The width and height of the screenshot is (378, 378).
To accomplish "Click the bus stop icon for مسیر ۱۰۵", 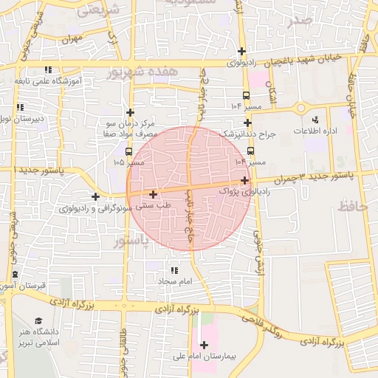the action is (x=130, y=152).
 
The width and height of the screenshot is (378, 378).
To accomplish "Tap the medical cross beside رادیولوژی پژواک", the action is (x=244, y=179).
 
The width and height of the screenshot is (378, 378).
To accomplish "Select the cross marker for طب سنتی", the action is (x=153, y=195).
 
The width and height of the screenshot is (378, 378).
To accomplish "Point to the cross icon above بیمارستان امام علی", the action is (x=204, y=345).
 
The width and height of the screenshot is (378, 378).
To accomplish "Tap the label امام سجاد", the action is (x=174, y=281).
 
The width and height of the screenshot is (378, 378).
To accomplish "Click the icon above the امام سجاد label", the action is (x=174, y=271).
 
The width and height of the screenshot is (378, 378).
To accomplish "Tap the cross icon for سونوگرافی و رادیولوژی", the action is (x=95, y=196).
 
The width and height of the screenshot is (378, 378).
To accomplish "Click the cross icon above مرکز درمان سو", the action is (x=130, y=112).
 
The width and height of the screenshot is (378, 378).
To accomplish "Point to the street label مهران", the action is (x=71, y=38).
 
